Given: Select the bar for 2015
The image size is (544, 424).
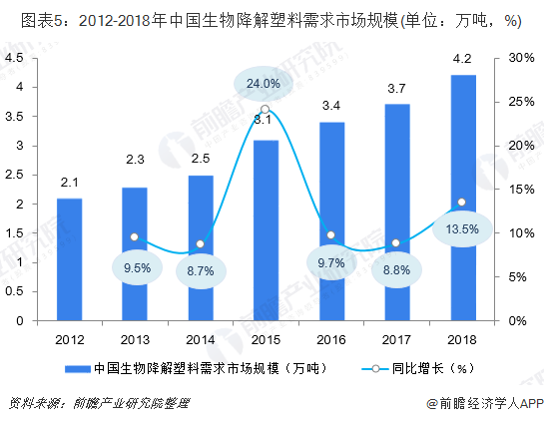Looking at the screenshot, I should [266, 230].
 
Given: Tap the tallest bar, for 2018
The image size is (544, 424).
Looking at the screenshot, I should [461, 198].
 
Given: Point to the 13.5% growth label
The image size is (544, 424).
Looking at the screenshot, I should [461, 228].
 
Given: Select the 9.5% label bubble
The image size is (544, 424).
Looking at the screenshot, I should [135, 266].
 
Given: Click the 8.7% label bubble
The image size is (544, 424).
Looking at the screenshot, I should [200, 270].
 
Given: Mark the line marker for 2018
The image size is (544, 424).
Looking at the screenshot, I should [461, 203].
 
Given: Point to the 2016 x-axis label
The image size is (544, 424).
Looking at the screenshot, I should [330, 339].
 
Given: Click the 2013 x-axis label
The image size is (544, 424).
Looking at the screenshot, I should [135, 339].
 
